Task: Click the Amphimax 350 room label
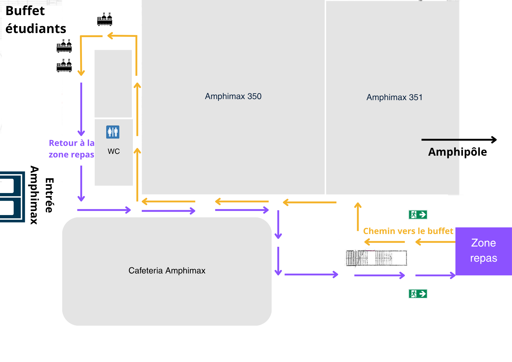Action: pos(233,96)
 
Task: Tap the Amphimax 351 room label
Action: pos(394,97)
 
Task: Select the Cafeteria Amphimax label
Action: pos(167,271)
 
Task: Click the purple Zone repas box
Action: pos(483,251)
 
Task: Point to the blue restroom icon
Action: pos(113,132)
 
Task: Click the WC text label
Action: pos(114,151)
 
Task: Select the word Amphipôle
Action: pos(457,152)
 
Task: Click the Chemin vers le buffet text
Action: pos(408,231)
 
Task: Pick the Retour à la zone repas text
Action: pos(72,149)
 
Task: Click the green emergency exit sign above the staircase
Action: pos(418,215)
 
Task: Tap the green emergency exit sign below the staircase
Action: pos(418,294)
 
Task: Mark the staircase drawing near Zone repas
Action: pos(376,258)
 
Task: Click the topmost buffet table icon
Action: pos(105,19)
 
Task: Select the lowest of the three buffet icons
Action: pos(64,66)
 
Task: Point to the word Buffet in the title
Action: pos(25,11)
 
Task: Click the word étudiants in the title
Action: pos(36,28)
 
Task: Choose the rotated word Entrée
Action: pos(49,195)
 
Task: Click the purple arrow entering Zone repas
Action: pos(435,275)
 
